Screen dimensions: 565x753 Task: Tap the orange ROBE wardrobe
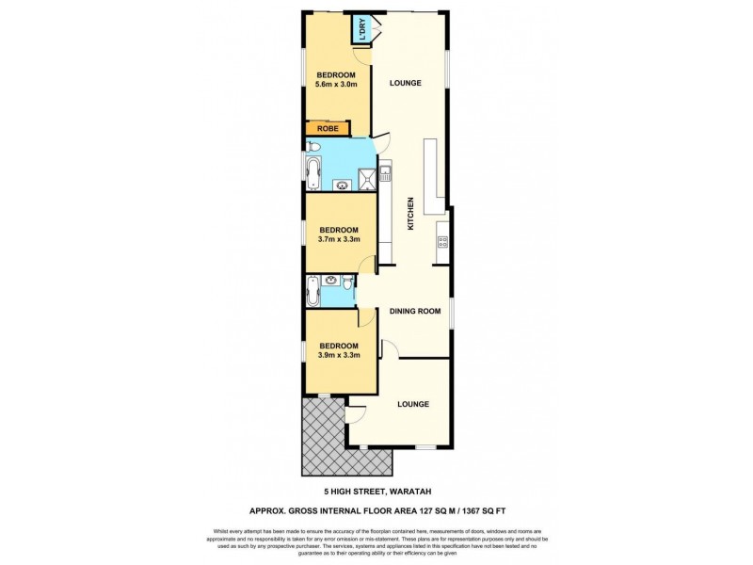click(x=328, y=129)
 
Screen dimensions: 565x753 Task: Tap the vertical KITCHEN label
click(x=410, y=214)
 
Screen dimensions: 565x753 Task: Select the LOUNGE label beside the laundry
click(x=405, y=83)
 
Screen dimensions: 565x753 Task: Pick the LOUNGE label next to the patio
click(x=412, y=404)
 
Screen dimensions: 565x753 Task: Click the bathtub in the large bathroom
click(x=314, y=172)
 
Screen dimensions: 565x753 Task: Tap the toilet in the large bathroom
click(x=313, y=148)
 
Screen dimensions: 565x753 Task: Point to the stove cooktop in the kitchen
click(x=441, y=244)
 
